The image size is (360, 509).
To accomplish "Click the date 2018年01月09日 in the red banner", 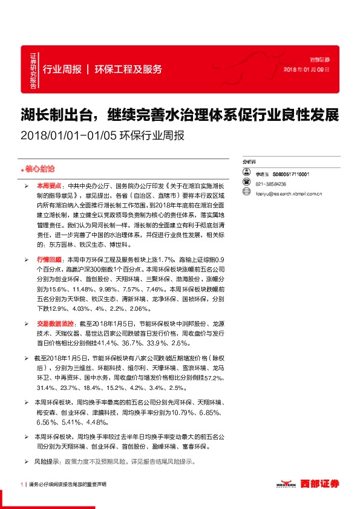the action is pos(307,70).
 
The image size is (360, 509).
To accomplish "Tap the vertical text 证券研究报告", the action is pos(33,70).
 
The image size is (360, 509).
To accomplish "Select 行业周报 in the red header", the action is pos(62,69).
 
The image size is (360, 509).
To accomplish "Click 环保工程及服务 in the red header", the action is pos(128,69).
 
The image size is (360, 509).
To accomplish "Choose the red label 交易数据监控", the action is pos(54,323).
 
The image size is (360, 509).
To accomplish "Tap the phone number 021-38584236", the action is pos(271,184).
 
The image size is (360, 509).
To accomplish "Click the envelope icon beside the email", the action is pos(246,194).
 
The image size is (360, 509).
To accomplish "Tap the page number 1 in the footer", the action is pos(22,484).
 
